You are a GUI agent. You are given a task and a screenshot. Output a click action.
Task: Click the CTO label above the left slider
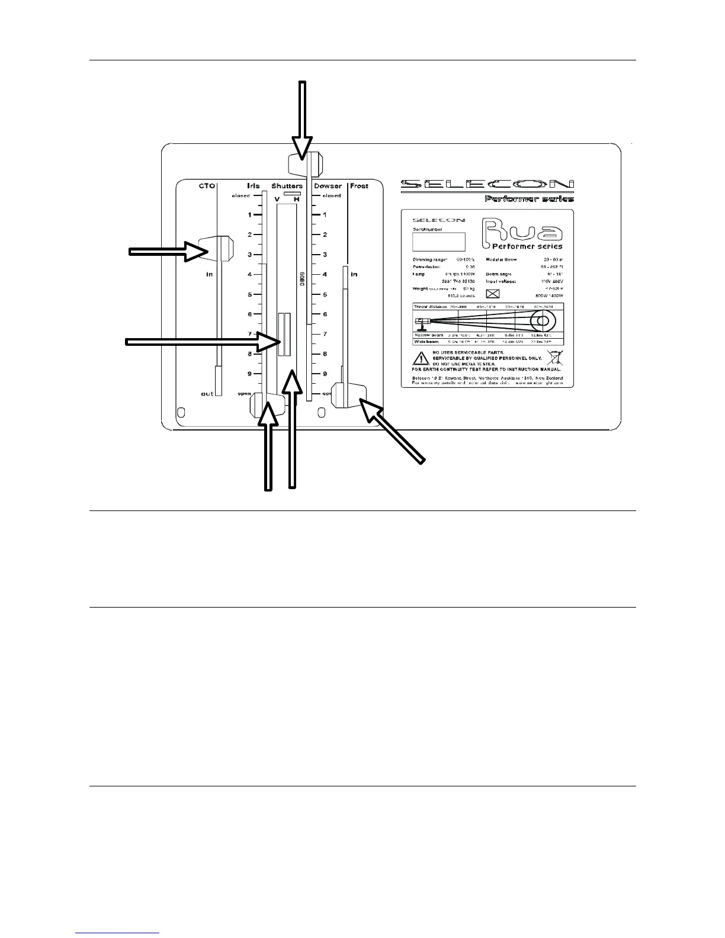206,186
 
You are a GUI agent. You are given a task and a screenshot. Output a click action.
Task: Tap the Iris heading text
253,186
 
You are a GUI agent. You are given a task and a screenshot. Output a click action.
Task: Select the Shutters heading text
287,186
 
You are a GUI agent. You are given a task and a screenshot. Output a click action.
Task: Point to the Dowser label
328,186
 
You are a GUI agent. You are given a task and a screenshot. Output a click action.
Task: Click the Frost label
359,186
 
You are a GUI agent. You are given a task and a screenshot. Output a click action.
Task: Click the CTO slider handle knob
217,248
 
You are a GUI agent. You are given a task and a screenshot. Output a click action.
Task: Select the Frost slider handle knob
349,396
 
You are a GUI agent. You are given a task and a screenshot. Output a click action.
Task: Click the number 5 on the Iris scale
250,294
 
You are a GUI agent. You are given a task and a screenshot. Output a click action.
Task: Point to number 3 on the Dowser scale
325,255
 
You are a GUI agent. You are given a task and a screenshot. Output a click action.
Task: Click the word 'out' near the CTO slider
207,394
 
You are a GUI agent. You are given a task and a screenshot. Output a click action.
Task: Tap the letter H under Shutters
296,200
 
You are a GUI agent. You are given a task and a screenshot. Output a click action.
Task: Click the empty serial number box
438,242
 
